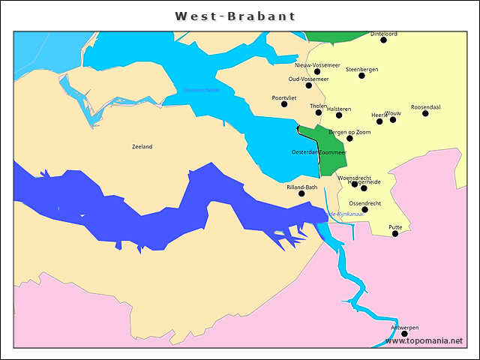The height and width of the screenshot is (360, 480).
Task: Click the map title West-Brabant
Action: pyautogui.click(x=235, y=16)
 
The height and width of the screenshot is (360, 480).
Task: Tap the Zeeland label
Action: pyautogui.click(x=142, y=147)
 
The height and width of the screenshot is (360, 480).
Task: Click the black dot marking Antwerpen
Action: pyautogui.click(x=405, y=334)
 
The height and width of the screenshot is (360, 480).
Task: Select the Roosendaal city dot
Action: pyautogui.click(x=425, y=113)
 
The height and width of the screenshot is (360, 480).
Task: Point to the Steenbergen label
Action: pyautogui.click(x=362, y=69)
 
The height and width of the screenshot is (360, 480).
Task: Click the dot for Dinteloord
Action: pyautogui.click(x=384, y=40)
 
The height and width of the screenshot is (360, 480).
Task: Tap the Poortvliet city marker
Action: pyautogui.click(x=284, y=104)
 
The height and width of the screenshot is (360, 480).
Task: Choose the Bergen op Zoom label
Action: pyautogui.click(x=349, y=132)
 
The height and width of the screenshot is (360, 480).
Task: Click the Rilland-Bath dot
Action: pyautogui.click(x=302, y=193)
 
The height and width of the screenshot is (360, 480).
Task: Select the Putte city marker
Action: pyautogui.click(x=395, y=233)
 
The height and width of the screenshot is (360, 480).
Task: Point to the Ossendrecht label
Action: pyautogui.click(x=365, y=203)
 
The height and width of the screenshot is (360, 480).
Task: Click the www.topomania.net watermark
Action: pyautogui.click(x=424, y=340)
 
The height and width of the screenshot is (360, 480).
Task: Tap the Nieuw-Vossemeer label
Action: pyautogui.click(x=317, y=65)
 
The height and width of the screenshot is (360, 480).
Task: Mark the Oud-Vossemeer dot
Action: pyautogui.click(x=309, y=85)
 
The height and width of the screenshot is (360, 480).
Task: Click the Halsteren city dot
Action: pyautogui.click(x=339, y=115)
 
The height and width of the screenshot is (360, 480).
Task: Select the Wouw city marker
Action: pyautogui.click(x=393, y=120)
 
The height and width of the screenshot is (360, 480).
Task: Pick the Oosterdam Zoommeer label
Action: pyautogui.click(x=319, y=152)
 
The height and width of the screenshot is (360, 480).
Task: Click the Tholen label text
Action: pyautogui.click(x=318, y=106)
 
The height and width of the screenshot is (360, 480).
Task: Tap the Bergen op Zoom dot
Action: pyautogui.click(x=349, y=139)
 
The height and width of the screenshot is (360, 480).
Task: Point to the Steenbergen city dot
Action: pyautogui.click(x=362, y=76)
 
